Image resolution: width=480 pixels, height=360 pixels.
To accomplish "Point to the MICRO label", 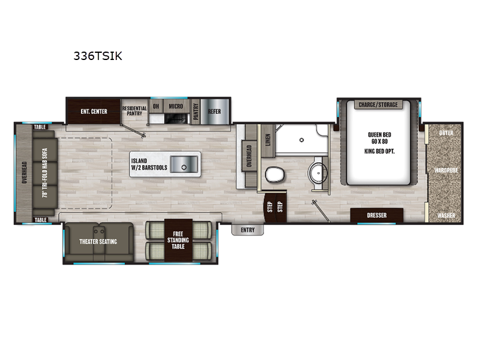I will coord(175,106).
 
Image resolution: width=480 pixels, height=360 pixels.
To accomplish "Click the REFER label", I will coord(215,112).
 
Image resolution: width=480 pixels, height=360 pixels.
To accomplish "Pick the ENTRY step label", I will coord(247,230).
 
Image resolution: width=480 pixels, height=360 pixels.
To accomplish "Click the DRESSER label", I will coord(376,215).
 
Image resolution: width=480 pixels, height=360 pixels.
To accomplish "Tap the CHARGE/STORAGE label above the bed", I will coord(378,105).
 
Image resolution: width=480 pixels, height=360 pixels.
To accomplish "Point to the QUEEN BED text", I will coord(379,135).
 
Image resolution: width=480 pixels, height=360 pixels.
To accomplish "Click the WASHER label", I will coord(446,215).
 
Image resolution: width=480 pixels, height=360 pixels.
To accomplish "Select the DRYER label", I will coord(446,132).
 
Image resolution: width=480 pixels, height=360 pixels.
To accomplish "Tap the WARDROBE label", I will coord(446,170).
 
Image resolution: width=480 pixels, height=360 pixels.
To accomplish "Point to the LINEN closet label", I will coord(268,139).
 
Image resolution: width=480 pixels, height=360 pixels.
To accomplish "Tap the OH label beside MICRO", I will coord(156,106).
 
